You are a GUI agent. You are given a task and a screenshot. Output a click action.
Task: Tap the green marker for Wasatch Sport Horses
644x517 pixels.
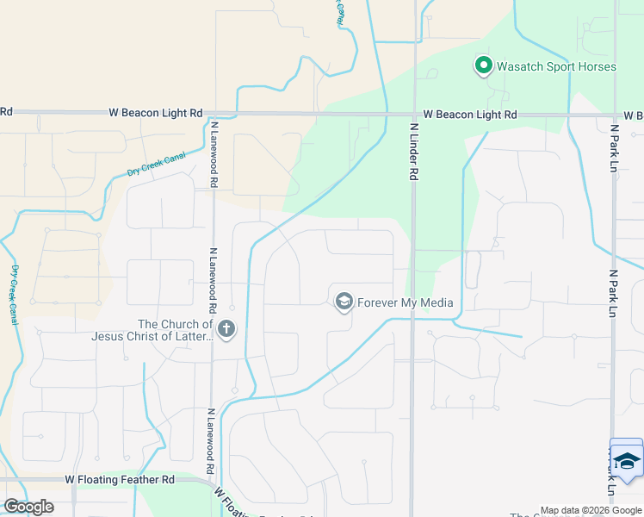[x=484, y=65]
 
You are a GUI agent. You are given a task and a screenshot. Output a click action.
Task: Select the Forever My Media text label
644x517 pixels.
[x=405, y=302]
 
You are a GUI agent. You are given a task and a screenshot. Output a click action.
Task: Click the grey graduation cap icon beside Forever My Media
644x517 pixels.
[x=344, y=301]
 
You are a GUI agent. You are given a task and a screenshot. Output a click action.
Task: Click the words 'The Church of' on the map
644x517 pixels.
[x=175, y=324]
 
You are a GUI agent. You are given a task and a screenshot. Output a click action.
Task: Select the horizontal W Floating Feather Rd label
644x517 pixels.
[x=120, y=479]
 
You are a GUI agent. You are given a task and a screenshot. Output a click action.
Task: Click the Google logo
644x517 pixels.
[x=28, y=507]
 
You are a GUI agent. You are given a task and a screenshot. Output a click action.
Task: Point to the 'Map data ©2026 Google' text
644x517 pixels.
[x=591, y=510]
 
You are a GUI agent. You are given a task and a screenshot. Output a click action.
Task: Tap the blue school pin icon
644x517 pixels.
[x=626, y=458]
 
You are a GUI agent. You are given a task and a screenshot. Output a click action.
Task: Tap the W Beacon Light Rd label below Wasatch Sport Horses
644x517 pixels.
[x=470, y=115]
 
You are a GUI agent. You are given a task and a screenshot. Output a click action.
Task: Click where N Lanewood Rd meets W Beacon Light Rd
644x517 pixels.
[x=213, y=113]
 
